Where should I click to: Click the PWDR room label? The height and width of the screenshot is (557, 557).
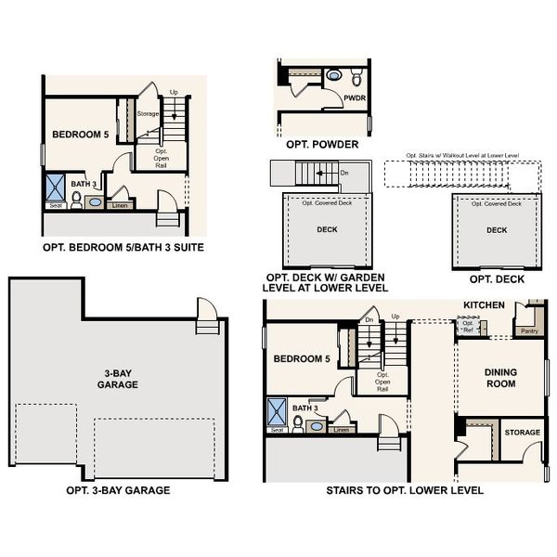[354, 97]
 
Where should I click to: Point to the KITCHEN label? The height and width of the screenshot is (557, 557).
[484, 304]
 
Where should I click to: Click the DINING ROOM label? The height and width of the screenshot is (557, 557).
[500, 378]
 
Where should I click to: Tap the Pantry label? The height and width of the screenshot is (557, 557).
[529, 330]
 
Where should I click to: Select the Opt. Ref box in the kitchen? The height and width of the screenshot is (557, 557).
[469, 325]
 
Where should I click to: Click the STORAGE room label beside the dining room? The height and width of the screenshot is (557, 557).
[521, 433]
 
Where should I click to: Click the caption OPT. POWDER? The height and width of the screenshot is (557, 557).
[321, 145]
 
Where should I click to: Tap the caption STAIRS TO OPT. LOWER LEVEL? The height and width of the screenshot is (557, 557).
[404, 490]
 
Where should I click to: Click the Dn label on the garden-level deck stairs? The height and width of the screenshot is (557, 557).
[344, 173]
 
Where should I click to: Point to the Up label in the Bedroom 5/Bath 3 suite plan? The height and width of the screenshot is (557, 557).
[174, 92]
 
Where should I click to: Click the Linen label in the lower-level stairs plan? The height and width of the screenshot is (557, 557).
[341, 430]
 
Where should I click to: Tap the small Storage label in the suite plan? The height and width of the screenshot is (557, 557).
[148, 114]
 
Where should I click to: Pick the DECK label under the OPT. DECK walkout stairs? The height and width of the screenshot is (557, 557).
[497, 230]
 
